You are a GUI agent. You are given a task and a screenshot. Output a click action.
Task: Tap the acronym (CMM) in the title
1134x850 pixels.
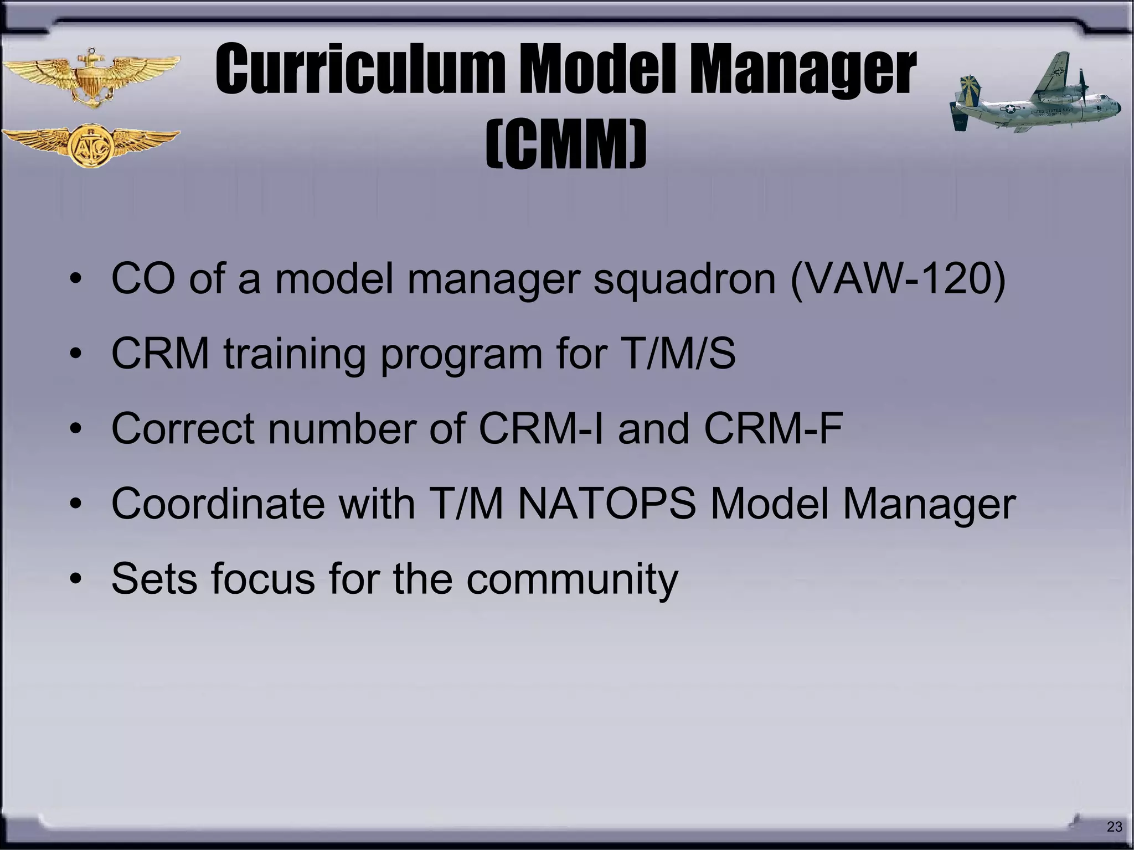point(566,145)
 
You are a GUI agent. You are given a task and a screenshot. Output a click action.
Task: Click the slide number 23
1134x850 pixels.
point(1114,827)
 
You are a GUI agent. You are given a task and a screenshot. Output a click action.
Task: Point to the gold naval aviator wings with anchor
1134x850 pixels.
point(91,77)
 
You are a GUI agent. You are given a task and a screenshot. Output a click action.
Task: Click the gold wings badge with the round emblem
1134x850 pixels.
point(91,145)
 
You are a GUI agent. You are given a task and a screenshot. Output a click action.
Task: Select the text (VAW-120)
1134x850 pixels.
point(897,278)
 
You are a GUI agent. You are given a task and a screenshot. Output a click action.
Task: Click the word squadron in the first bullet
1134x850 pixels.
point(684,279)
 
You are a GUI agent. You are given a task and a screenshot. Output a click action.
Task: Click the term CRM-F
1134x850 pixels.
point(773,428)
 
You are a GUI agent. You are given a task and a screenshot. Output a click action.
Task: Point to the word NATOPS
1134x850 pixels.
point(606,504)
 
